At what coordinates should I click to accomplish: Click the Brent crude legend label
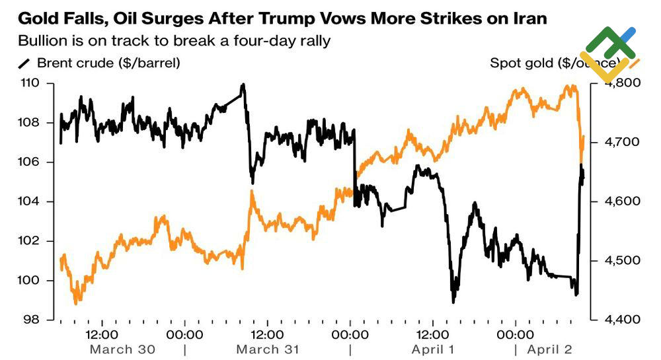click(108, 63)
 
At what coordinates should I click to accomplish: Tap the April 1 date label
click(433, 349)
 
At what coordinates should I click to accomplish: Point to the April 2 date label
click(550, 349)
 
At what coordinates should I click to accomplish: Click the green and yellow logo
click(607, 53)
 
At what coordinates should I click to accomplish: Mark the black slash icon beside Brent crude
click(24, 64)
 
